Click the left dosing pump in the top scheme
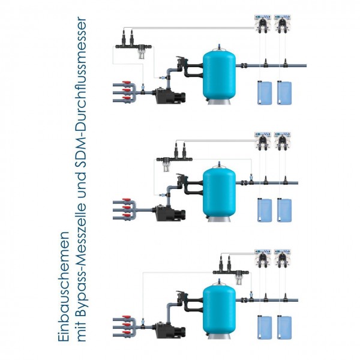point(263,25)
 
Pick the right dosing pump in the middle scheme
point(281,142)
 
